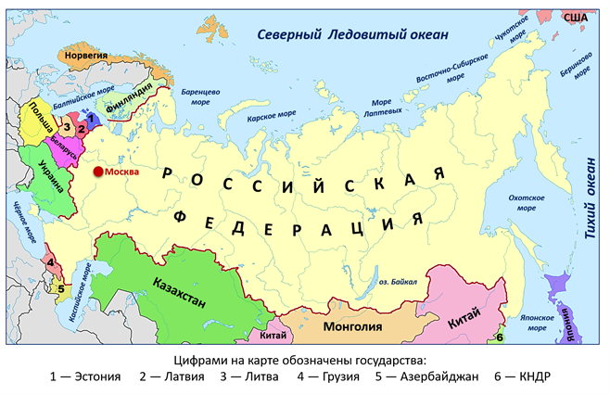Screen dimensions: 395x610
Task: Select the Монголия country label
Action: [351, 325]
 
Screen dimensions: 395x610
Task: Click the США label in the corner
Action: [577, 18]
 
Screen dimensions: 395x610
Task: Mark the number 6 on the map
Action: [498, 338]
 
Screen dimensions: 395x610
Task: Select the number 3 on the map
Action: [67, 127]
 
